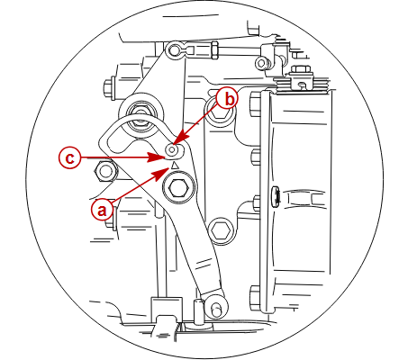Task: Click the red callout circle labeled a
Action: [x=102, y=210]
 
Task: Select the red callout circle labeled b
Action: [x=227, y=99]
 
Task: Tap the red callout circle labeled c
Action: [x=69, y=157]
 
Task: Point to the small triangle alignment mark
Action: [x=175, y=166]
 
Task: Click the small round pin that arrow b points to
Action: [x=172, y=149]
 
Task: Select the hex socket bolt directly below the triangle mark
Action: [x=178, y=188]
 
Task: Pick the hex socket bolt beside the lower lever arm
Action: [x=221, y=231]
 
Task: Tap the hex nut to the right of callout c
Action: [x=104, y=172]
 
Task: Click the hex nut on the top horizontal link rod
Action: [x=214, y=49]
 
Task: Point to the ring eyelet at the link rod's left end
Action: [x=174, y=50]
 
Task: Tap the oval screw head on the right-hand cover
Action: [x=276, y=196]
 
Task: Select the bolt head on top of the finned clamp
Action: [x=300, y=70]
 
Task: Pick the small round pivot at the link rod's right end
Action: [x=262, y=63]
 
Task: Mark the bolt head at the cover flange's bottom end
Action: [x=255, y=298]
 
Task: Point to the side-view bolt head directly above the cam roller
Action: [x=110, y=88]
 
